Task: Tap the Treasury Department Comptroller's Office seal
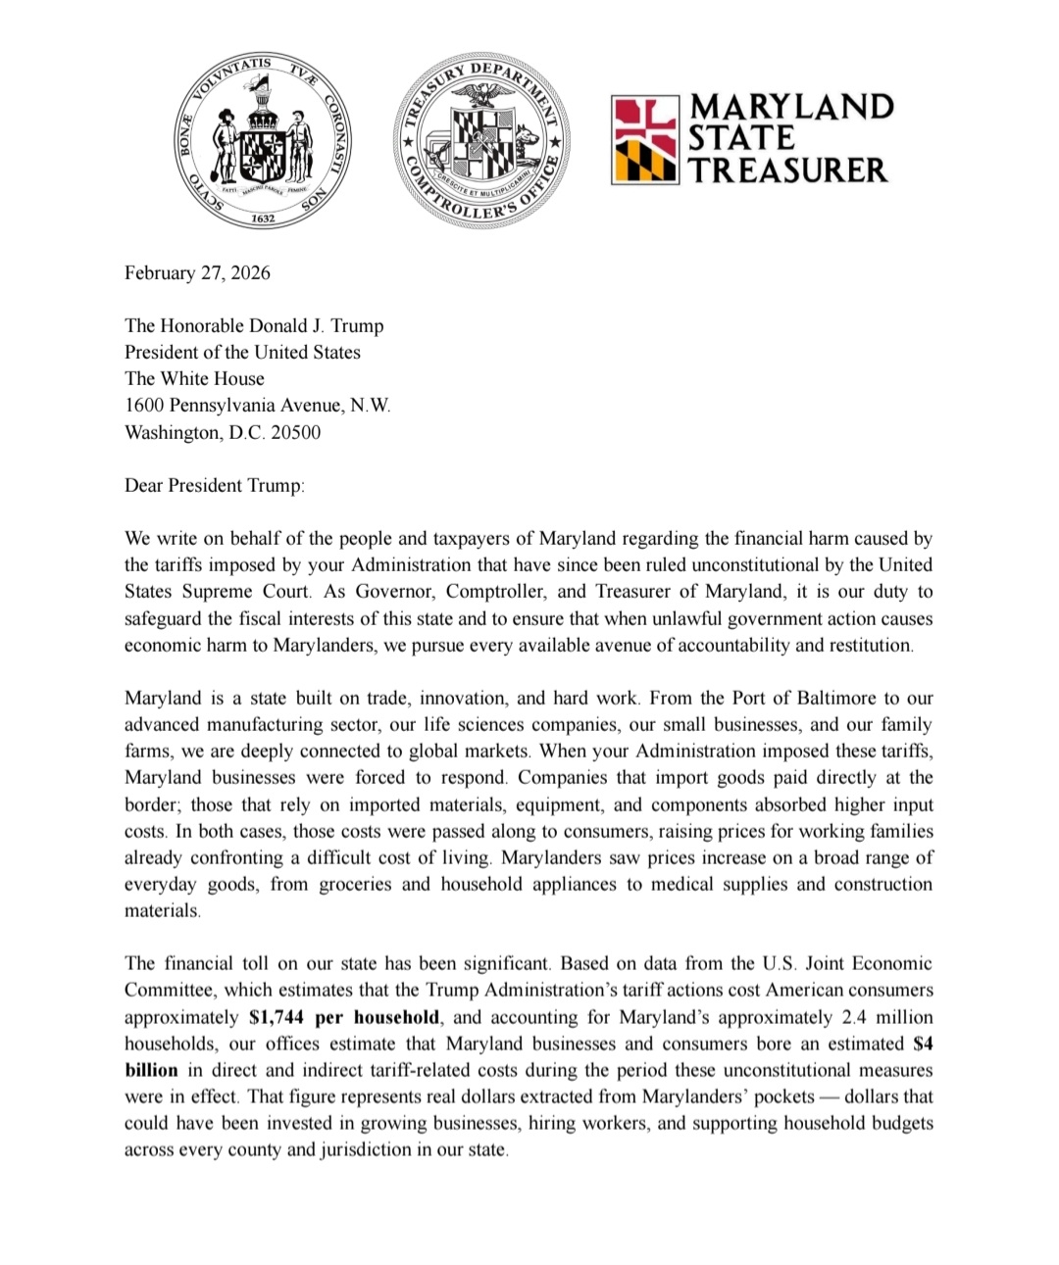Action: [x=481, y=141]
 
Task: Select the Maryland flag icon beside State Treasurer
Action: [x=644, y=140]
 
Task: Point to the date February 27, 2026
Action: [x=197, y=272]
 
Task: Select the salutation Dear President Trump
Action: [x=215, y=485]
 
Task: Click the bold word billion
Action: [x=151, y=1070]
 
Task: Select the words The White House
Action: [x=194, y=378]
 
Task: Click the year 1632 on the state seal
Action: [x=262, y=218]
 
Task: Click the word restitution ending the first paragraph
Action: [x=865, y=645]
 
